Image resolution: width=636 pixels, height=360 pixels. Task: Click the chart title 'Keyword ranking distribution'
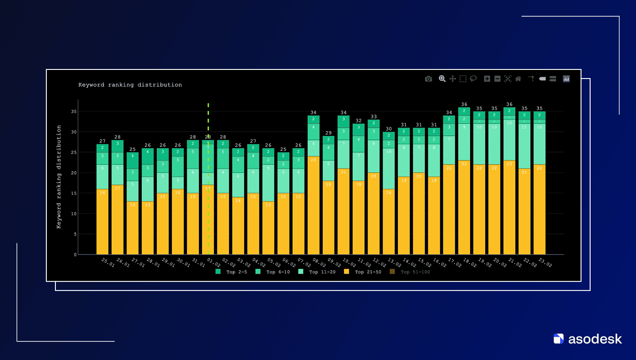[130, 85]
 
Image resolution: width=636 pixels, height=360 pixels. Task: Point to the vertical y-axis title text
[59, 177]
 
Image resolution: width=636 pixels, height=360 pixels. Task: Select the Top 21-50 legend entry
[359, 272]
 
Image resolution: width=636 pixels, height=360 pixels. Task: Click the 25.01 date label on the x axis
[108, 262]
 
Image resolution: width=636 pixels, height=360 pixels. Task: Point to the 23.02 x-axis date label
[545, 262]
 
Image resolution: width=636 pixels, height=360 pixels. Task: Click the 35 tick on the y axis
[73, 111]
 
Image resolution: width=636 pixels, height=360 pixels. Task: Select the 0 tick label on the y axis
[75, 255]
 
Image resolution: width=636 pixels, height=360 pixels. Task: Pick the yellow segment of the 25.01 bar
[102, 222]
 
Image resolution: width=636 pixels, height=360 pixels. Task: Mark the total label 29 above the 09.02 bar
[328, 133]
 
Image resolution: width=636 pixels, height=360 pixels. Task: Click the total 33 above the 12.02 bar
[374, 117]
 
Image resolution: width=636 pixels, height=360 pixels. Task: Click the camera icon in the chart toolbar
[428, 79]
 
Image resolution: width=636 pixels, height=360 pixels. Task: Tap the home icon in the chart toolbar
[518, 79]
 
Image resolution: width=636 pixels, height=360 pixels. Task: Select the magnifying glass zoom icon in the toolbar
[442, 79]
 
